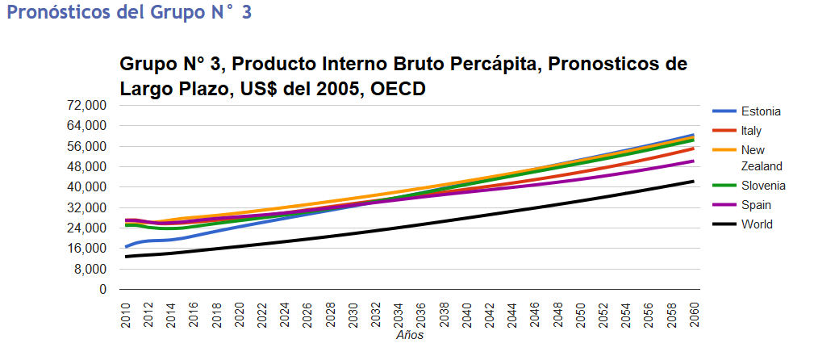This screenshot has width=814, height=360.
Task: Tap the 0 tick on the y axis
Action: pyautogui.click(x=102, y=289)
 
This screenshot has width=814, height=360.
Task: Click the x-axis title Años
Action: pyautogui.click(x=410, y=335)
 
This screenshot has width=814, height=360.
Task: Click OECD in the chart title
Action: pyautogui.click(x=395, y=89)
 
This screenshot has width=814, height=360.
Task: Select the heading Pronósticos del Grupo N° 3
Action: pyautogui.click(x=129, y=14)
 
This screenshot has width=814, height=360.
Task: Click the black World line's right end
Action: pyautogui.click(x=694, y=182)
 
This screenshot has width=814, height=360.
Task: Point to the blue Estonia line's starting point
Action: pyautogui.click(x=126, y=247)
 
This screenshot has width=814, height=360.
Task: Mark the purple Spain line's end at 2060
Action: pyautogui.click(x=694, y=161)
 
